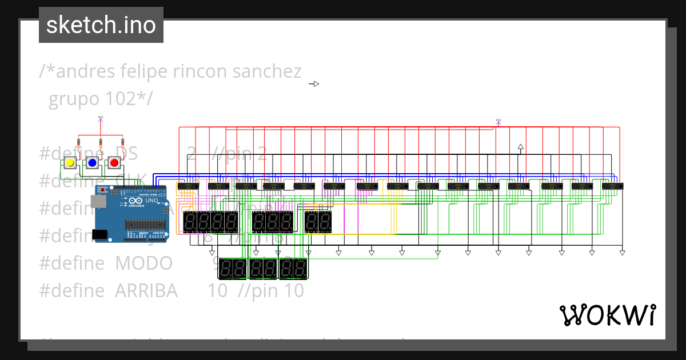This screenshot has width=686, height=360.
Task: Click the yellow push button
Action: coord(70,163)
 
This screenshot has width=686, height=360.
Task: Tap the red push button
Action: coord(114,163)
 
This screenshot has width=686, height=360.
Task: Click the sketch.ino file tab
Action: coord(101,25)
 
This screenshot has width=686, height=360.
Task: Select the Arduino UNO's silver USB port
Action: coord(98,202)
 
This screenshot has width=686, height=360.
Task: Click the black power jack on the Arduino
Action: coord(99,234)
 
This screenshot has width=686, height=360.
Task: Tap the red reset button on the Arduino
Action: coord(103,190)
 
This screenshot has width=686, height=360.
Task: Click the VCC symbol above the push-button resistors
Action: coord(101,119)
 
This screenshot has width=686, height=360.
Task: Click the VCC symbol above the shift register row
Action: coord(498,122)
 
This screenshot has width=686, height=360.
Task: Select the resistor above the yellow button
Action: coord(79,143)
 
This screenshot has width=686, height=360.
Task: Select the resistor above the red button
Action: coord(122,143)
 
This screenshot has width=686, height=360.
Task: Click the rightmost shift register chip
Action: coord(612,186)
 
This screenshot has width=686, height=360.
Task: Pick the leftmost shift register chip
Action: coord(188,186)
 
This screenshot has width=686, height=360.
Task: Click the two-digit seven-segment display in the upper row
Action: coord(318,222)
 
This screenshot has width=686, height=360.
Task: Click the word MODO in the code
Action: coord(143,263)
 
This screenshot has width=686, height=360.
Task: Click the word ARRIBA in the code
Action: coord(146,291)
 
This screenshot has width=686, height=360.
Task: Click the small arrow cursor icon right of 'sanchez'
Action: coord(314,84)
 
